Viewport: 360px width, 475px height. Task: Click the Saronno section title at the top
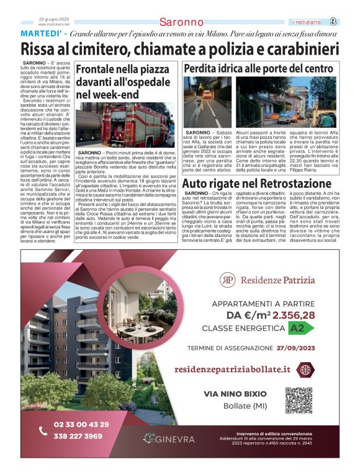(x=181, y=22)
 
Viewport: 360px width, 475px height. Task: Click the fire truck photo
(x=125, y=126)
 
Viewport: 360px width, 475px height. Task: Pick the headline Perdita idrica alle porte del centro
(x=258, y=69)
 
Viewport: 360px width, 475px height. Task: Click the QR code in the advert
(x=298, y=400)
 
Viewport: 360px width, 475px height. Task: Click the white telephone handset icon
(x=43, y=430)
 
